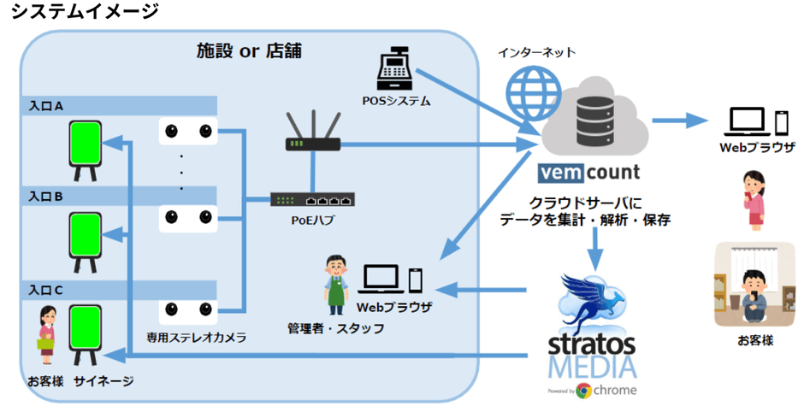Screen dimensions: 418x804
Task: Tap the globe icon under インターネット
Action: point(524,89)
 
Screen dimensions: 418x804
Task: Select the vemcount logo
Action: point(588,172)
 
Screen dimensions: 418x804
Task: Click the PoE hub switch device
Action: point(311,200)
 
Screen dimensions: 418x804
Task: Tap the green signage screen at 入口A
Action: point(86,146)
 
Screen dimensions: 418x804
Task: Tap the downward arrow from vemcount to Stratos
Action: point(596,246)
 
